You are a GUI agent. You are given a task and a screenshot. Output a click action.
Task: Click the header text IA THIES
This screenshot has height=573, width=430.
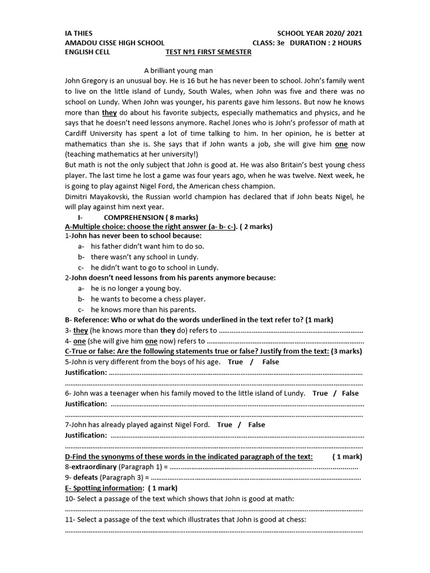(79, 33)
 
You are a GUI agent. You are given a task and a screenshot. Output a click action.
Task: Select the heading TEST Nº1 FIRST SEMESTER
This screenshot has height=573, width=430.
(208, 52)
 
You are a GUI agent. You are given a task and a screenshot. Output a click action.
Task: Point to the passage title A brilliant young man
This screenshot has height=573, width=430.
(179, 71)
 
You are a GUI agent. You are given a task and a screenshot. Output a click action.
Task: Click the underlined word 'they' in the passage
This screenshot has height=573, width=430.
(109, 112)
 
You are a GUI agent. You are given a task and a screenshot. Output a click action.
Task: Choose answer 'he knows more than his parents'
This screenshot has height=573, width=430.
(143, 309)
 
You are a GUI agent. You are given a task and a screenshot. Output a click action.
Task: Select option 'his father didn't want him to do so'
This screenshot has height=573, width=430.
(147, 246)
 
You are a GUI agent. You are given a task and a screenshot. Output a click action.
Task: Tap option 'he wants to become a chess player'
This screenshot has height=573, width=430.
(148, 299)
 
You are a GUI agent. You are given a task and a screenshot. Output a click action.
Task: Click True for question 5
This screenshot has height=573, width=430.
(235, 361)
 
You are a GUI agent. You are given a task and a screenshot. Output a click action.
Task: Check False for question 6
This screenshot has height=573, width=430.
(350, 393)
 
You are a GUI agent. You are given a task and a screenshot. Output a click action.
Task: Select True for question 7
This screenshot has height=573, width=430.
(224, 424)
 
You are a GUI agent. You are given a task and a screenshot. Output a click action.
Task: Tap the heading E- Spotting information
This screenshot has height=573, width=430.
(105, 488)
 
